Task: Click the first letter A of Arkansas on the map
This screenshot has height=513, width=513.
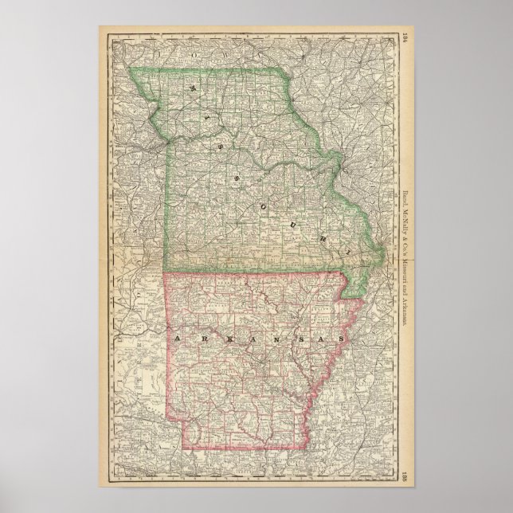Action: [173, 338]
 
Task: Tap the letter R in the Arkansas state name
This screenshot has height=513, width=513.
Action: [196, 338]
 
